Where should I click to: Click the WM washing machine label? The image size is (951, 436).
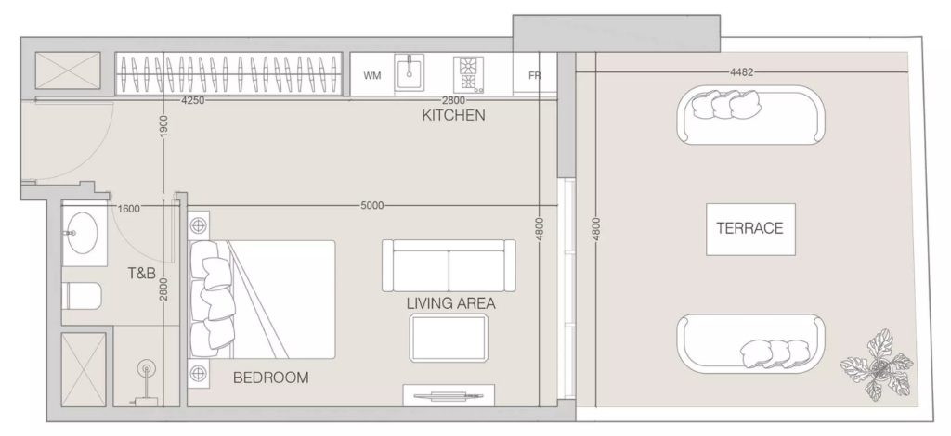pos(372,76)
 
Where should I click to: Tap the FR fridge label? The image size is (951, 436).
pos(534,76)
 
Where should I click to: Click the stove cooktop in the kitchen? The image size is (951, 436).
pos(469,75)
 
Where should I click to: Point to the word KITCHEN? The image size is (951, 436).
pos(453,115)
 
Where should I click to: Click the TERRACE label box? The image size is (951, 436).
pos(750,229)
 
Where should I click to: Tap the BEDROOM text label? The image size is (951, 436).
pos(271,378)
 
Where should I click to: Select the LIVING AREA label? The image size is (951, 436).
pos(450,303)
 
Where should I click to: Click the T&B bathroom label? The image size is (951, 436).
pos(142,273)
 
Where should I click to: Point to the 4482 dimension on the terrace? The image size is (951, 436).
pos(741,72)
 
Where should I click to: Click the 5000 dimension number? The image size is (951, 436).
pos(371,205)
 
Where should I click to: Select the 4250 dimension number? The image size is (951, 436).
pos(193,100)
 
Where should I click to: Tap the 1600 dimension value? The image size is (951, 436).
pos(128,209)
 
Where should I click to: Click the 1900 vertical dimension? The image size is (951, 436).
pos(163,126)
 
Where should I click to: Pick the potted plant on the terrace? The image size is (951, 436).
pos(877,365)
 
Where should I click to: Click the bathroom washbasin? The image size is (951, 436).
pos(82,234)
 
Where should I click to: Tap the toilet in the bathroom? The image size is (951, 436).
pos(82,296)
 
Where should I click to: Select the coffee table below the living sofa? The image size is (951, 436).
pos(449,338)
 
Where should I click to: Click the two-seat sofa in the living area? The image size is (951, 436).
pos(449,265)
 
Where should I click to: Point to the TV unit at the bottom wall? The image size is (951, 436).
pos(449,395)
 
